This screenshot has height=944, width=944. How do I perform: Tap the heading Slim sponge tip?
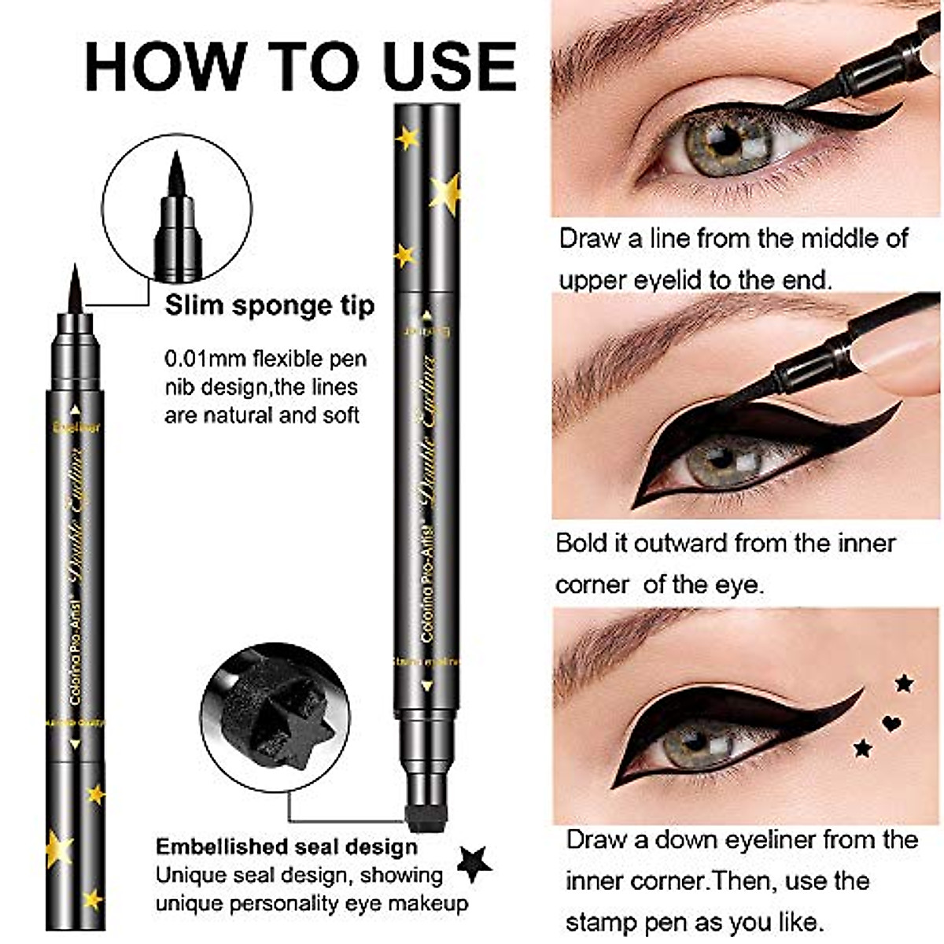coord(270,306)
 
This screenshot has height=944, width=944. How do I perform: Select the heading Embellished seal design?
coord(286,847)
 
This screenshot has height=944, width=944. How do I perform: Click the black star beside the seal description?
coord(474,863)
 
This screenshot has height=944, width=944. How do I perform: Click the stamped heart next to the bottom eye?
coord(891,722)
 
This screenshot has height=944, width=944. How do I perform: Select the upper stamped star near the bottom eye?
coord(904,683)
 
